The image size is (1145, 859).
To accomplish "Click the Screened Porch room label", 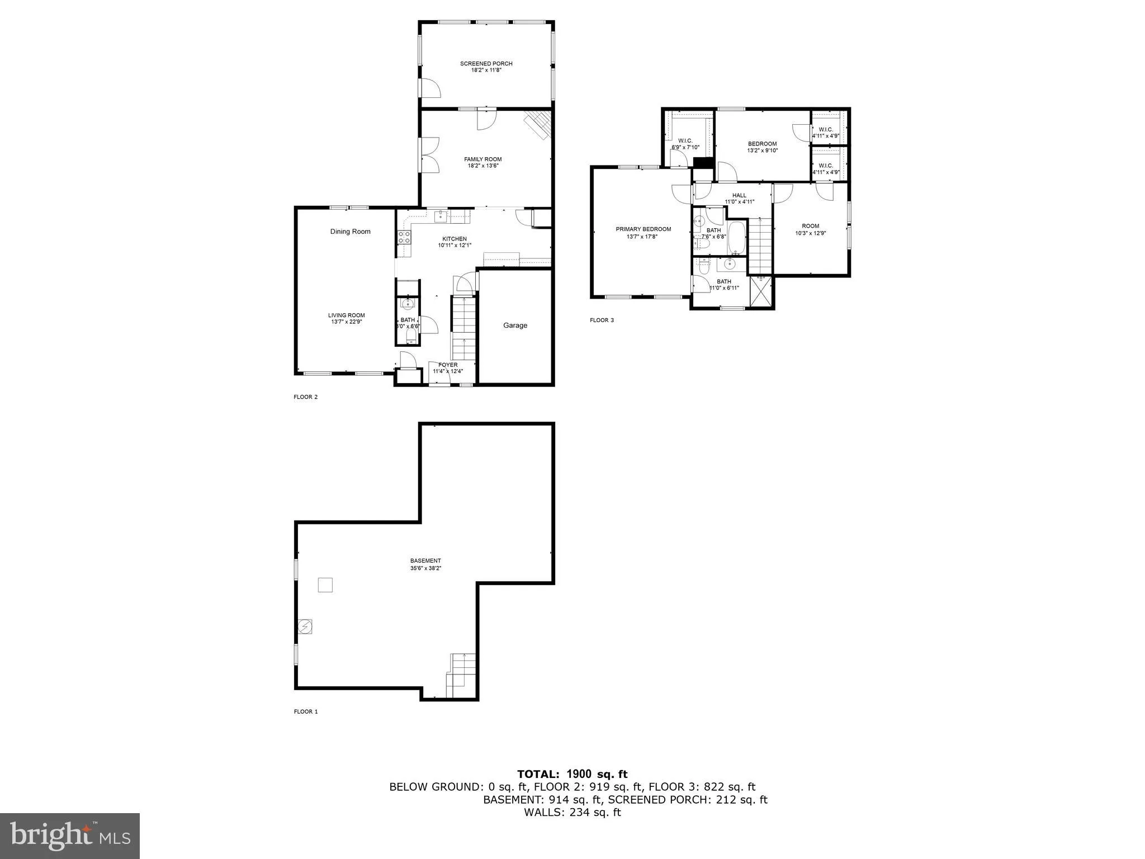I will (x=486, y=64).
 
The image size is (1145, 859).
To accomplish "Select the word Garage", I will (x=515, y=325).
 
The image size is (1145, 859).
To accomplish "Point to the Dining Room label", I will (x=350, y=232).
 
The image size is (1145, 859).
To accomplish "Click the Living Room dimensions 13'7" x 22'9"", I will (x=346, y=322).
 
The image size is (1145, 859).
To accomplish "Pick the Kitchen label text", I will (x=454, y=239).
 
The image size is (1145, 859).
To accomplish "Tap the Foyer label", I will (x=448, y=365).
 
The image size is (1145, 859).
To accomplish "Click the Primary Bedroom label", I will (x=643, y=229).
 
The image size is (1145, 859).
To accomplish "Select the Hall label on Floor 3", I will (x=739, y=196).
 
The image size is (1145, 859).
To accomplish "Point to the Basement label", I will (x=425, y=561).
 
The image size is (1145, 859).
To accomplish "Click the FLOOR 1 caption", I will (x=306, y=712).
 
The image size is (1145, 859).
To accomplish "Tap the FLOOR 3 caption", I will (x=602, y=320).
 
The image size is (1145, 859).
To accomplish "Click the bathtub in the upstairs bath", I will (x=736, y=237).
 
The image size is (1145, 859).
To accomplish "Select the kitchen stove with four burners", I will (x=404, y=237).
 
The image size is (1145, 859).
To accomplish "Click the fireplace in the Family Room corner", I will (x=538, y=125).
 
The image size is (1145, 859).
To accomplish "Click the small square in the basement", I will (x=325, y=585).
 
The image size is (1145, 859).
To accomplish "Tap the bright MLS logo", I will (x=70, y=836).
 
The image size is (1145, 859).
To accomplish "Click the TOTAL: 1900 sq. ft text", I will (x=572, y=775).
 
